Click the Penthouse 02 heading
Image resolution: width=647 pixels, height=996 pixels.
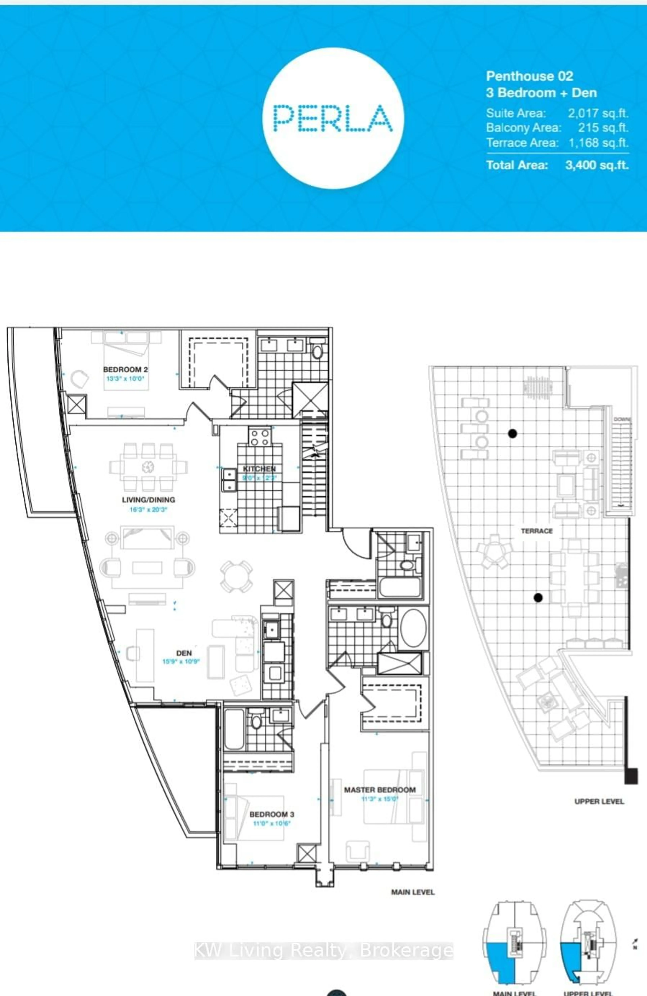(529, 76)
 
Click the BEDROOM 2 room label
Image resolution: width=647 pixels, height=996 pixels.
(125, 369)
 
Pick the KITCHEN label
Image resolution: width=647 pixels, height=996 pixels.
(259, 469)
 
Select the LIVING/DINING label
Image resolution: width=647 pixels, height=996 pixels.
(148, 500)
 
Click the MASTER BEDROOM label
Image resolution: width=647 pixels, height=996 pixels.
(380, 790)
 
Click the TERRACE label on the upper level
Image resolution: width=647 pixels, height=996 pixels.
(536, 531)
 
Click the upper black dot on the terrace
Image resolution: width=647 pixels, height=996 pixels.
(512, 433)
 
